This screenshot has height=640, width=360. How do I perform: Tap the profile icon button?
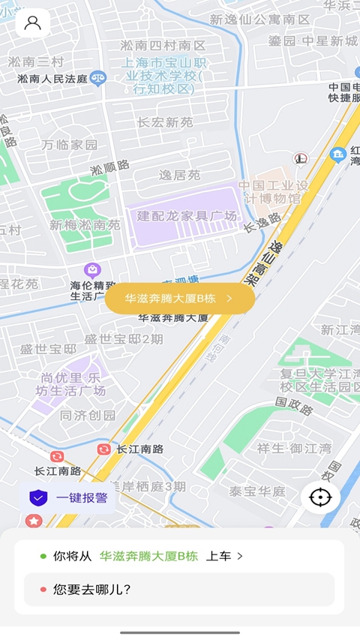click(32, 23)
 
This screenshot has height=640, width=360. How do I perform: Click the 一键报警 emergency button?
click(68, 497)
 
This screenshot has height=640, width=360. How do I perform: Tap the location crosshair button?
click(321, 497)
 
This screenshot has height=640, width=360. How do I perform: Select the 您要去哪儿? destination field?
click(178, 590)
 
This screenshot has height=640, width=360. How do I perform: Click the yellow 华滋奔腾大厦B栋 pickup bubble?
click(179, 298)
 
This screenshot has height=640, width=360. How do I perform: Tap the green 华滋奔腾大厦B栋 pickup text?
click(148, 556)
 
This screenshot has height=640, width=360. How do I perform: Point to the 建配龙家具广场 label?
click(186, 216)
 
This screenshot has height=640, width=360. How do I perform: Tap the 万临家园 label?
click(70, 144)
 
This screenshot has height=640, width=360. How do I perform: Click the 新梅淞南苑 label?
click(85, 224)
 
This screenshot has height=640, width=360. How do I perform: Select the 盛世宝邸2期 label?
click(123, 339)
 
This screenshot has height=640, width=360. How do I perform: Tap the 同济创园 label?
click(88, 415)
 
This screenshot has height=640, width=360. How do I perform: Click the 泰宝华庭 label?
click(257, 491)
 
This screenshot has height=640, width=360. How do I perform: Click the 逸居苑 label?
click(179, 175)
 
